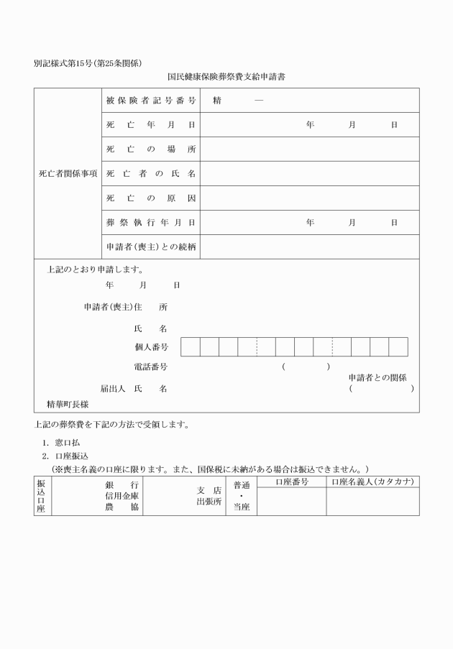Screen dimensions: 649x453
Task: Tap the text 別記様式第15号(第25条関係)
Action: point(93,63)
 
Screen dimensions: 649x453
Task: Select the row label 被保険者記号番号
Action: point(151,101)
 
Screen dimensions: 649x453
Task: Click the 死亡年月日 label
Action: point(151,125)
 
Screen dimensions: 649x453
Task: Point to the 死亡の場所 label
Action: point(151,149)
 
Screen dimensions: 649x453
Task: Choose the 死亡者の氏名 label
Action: point(151,174)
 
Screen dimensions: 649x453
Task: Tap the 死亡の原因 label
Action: point(151,198)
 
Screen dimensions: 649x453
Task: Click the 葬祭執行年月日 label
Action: point(151,223)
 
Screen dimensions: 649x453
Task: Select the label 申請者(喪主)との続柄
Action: point(151,247)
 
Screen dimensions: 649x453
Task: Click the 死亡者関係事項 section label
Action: point(68,174)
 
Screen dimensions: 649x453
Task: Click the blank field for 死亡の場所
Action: point(310,149)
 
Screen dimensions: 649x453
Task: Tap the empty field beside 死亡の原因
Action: point(310,198)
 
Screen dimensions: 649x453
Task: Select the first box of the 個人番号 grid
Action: point(190,347)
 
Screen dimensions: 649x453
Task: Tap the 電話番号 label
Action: point(151,367)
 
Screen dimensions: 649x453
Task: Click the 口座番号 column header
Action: point(291,482)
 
